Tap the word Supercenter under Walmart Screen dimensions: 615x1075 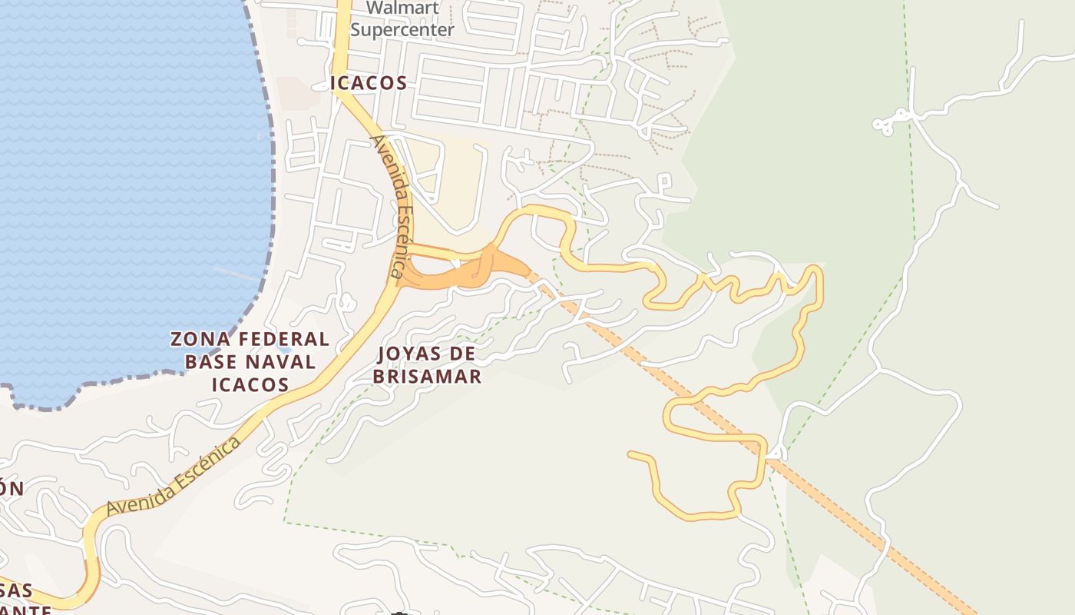coord(402,30)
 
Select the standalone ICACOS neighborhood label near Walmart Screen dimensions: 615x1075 coord(369,83)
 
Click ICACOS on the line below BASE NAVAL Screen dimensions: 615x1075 coord(250,384)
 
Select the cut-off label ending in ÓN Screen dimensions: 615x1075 coord(11,488)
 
